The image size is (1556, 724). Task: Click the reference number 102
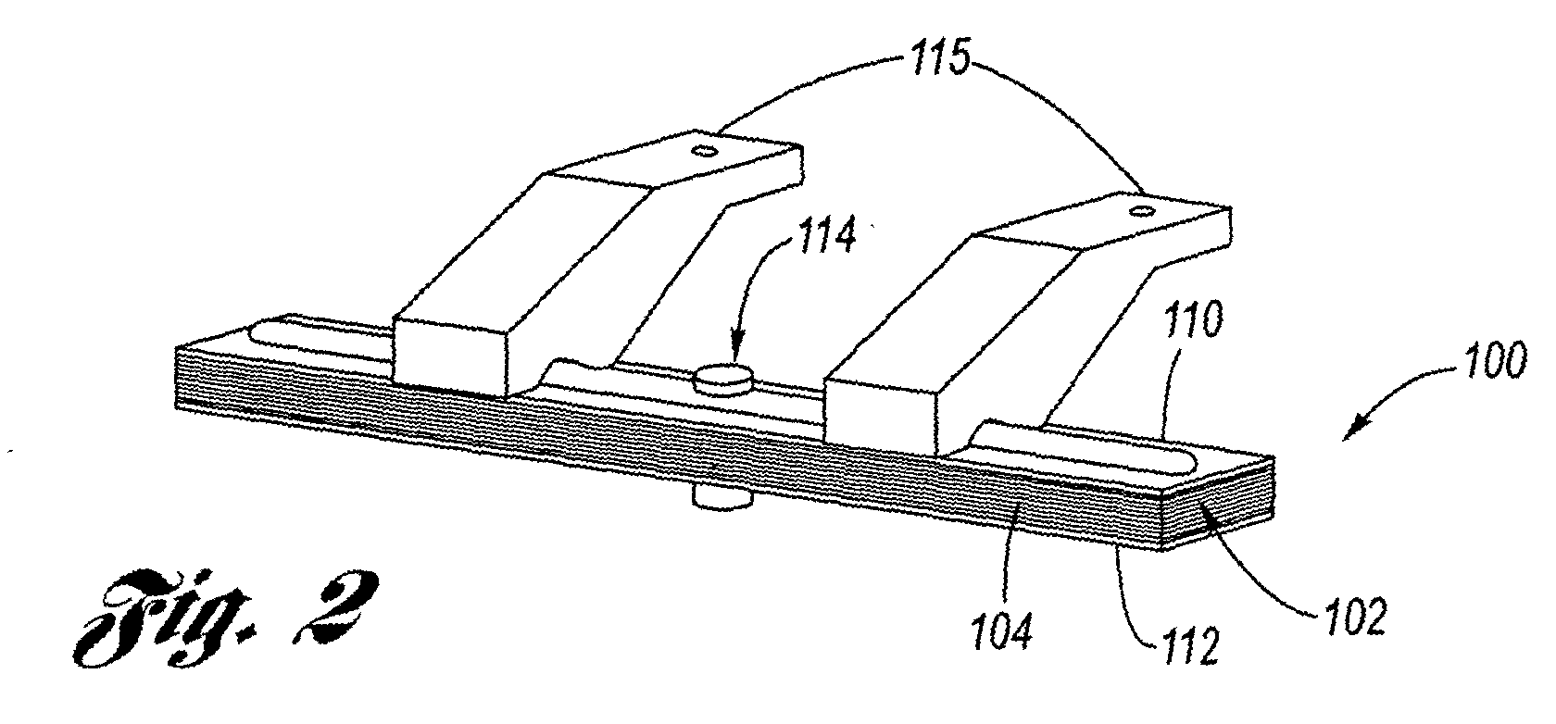point(1355,618)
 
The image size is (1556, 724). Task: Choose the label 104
point(1002,630)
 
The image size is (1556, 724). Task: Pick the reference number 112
point(1188,645)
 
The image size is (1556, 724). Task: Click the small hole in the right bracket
point(1140,210)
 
